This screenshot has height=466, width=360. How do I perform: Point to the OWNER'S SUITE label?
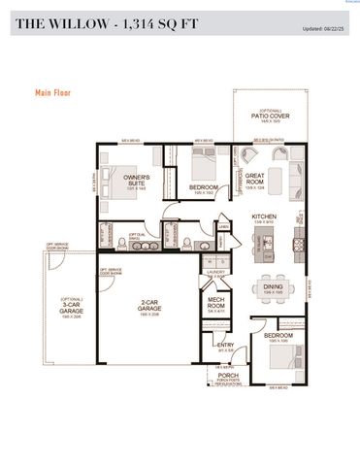coord(136,180)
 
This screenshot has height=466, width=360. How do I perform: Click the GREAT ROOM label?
coord(255,179)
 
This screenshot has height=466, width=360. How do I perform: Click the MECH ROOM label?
coord(218,305)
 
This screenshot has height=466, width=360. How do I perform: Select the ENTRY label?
coord(225,346)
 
